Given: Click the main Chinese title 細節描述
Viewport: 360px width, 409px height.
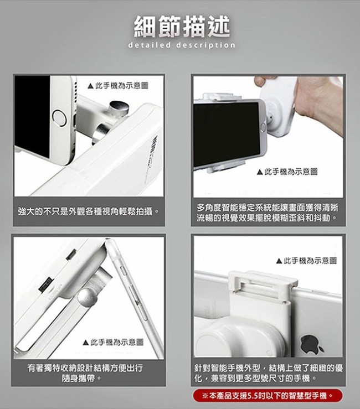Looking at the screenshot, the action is click(182, 27).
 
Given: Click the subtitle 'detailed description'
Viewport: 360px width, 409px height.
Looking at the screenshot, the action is click(182, 45).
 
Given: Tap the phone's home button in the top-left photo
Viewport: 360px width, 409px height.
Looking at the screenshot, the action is click(59, 118).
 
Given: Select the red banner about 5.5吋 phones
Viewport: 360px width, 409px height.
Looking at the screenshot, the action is click(268, 396).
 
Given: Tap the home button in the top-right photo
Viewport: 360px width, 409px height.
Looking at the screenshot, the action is click(263, 127).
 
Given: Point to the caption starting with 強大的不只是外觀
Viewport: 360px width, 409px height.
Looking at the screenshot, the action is click(89, 211).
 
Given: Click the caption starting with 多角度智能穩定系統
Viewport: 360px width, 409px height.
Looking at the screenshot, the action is click(268, 213).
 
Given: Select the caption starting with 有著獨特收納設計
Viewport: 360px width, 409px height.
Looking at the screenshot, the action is click(85, 372).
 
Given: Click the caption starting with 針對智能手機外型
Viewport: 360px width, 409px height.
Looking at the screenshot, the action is click(269, 372).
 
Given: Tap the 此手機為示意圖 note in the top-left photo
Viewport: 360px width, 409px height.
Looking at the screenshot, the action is click(118, 86).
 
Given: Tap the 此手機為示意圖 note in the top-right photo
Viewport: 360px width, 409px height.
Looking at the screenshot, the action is click(287, 172).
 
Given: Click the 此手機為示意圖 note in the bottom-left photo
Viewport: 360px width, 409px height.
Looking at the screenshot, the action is click(113, 342).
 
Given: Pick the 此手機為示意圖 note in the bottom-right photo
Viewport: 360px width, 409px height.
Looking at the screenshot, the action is click(306, 260).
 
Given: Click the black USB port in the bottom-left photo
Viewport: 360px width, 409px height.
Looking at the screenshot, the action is click(47, 285).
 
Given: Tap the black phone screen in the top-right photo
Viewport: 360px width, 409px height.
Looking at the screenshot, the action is click(227, 133).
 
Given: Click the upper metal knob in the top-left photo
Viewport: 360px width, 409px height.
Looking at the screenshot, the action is click(119, 108).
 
